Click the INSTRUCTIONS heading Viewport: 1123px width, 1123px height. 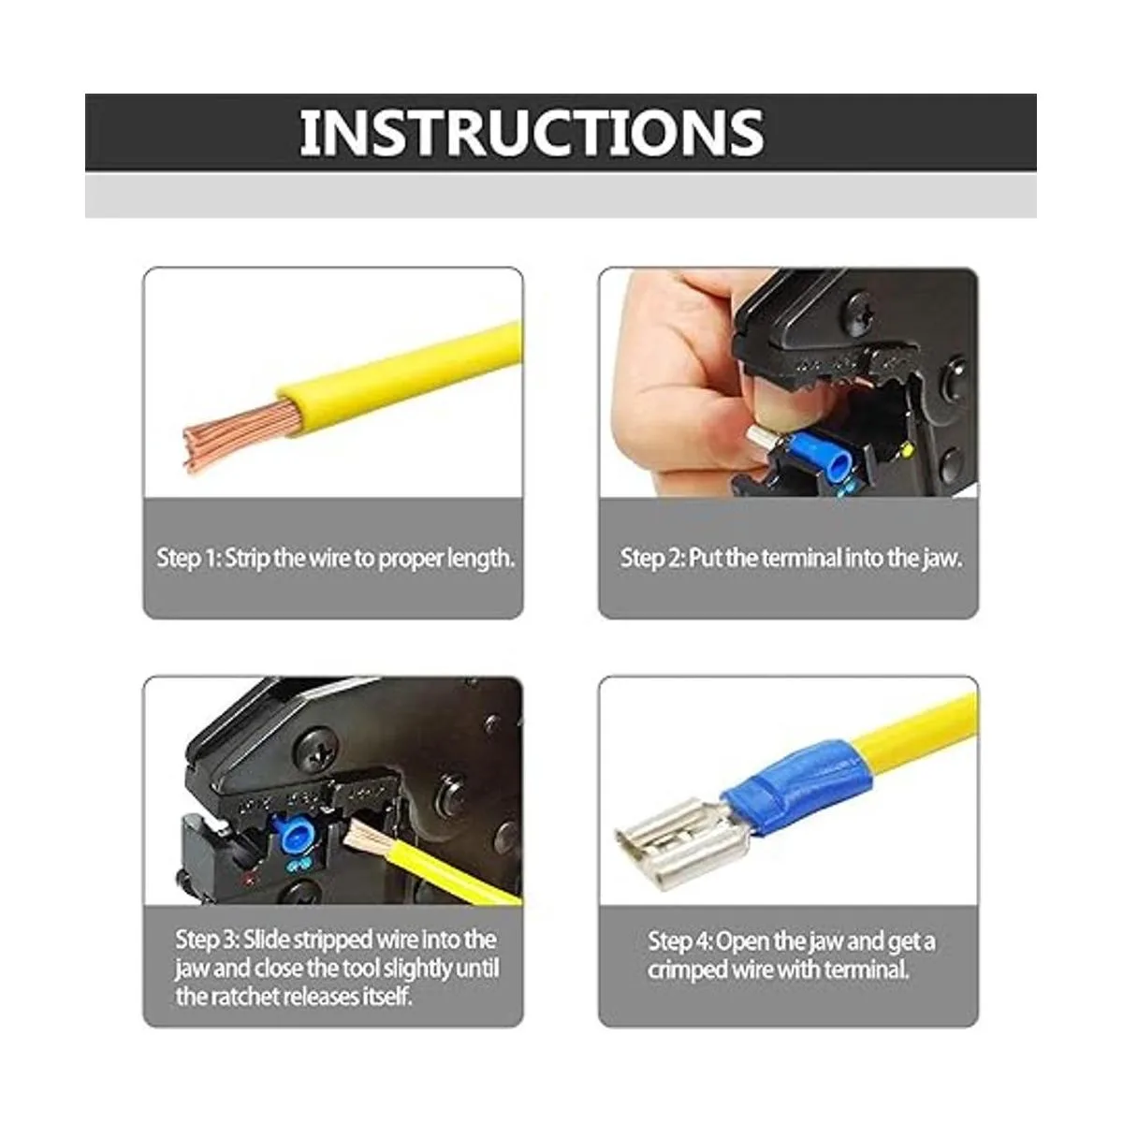(531, 133)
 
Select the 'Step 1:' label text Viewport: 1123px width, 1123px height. (188, 559)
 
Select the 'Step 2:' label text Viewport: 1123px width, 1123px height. (651, 559)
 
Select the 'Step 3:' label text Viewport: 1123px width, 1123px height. (207, 940)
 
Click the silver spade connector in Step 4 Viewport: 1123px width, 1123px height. (678, 842)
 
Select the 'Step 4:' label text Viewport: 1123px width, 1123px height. (680, 941)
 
